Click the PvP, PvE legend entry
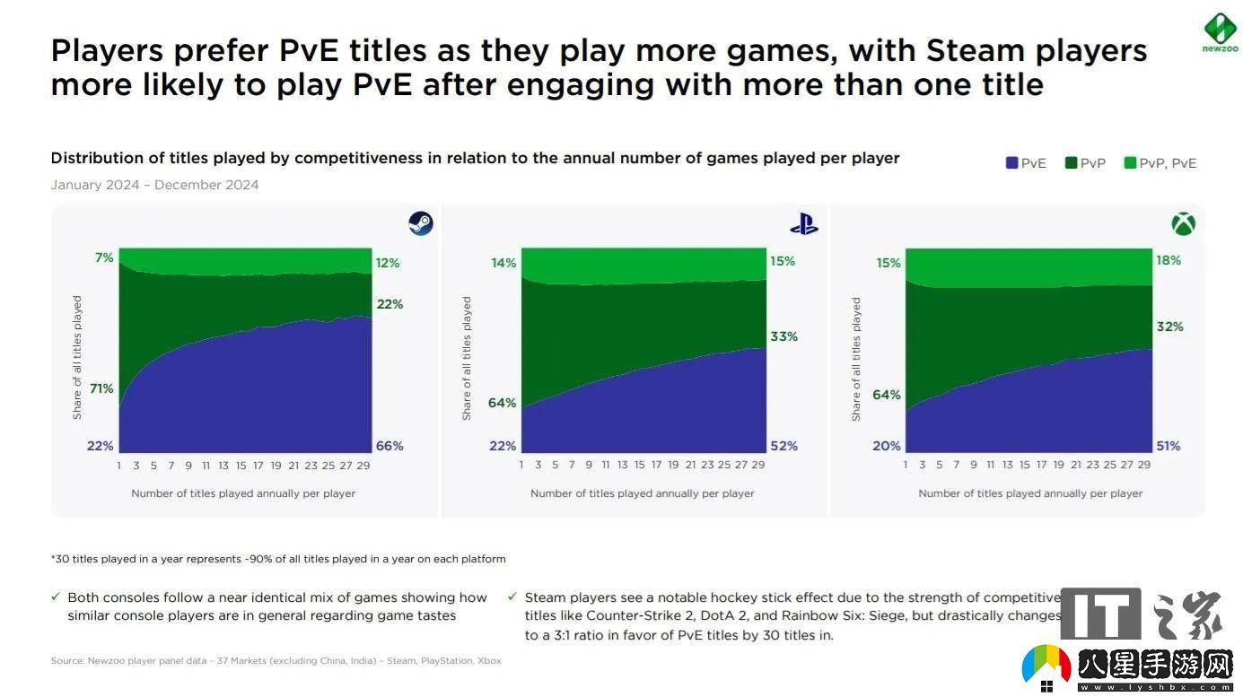pyautogui.click(x=1160, y=163)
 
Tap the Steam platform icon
pyautogui.click(x=421, y=222)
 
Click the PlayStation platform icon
pyautogui.click(x=803, y=223)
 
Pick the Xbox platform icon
pyautogui.click(x=1183, y=223)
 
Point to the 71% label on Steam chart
pyautogui.click(x=101, y=388)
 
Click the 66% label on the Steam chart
pyautogui.click(x=389, y=446)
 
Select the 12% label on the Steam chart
pyautogui.click(x=388, y=263)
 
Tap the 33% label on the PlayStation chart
pyautogui.click(x=783, y=336)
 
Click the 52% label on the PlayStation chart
pyautogui.click(x=783, y=446)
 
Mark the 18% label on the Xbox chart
pyautogui.click(x=1169, y=260)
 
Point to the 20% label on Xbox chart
pyautogui.click(x=887, y=446)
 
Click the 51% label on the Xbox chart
pyautogui.click(x=1169, y=446)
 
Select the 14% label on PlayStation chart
pyautogui.click(x=503, y=263)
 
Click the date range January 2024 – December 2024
pyautogui.click(x=154, y=185)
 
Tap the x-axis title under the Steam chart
pyautogui.click(x=243, y=493)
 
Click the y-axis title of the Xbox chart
pyautogui.click(x=856, y=359)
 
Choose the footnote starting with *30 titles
pyautogui.click(x=278, y=559)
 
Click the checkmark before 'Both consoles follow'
pyautogui.click(x=57, y=597)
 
